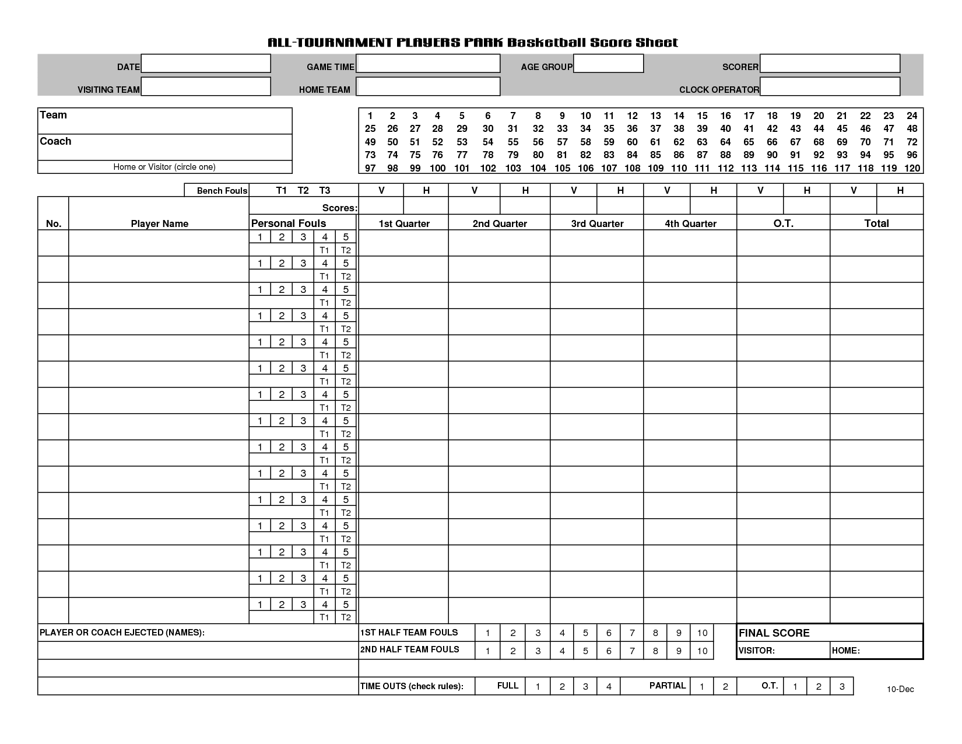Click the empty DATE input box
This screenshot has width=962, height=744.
pos(206,64)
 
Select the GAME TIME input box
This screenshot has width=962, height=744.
pos(428,64)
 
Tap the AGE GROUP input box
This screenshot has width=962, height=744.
pos(608,64)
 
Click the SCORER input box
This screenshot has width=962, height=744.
pos(830,64)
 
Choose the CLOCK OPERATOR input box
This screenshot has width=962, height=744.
pos(830,86)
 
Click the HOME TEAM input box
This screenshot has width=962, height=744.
pos(428,86)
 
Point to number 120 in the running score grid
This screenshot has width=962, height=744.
pos(912,168)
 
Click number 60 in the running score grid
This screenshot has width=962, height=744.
pos(632,142)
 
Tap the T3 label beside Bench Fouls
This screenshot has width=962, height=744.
pos(325,190)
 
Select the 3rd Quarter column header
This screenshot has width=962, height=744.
pos(597,223)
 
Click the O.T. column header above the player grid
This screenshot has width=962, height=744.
pos(783,223)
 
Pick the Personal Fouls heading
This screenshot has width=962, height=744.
pos(289,223)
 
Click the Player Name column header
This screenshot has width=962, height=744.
pos(159,223)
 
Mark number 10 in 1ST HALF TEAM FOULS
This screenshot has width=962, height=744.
pos(702,633)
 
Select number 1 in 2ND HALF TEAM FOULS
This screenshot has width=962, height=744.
pos(487,651)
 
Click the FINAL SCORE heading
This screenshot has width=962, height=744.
pos(774,633)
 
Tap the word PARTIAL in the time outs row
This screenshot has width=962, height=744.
pos(668,686)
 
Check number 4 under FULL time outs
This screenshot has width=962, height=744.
pos(609,686)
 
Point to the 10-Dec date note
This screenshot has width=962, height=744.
pos(900,689)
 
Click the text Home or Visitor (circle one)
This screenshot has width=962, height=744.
pos(164,167)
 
